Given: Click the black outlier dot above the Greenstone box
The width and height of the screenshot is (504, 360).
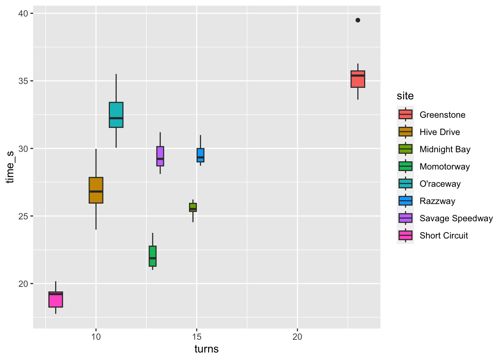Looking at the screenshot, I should [x=358, y=20].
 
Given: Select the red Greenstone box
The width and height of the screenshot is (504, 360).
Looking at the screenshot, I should [x=358, y=79].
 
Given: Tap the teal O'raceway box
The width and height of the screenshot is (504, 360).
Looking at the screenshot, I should [x=116, y=115].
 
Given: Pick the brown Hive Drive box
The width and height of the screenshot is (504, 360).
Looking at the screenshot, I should [x=96, y=190].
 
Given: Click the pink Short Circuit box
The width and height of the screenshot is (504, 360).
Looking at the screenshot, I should [x=55, y=299].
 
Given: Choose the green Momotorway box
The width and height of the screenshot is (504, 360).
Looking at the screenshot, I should [x=153, y=256].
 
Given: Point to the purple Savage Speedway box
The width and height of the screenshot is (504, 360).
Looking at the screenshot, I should [x=160, y=156].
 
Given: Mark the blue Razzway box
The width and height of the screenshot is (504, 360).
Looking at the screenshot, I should [x=200, y=155].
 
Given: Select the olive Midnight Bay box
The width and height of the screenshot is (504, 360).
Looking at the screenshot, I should [x=193, y=207].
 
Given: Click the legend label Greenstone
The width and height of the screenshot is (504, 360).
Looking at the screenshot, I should [x=442, y=115].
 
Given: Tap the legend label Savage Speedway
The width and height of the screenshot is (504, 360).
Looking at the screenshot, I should [x=456, y=218].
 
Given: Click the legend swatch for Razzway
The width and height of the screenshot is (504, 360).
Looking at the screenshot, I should [x=405, y=201].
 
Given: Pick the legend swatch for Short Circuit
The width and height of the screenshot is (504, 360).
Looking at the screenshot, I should [x=405, y=235].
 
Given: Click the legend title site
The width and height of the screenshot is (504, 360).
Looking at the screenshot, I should [x=405, y=96].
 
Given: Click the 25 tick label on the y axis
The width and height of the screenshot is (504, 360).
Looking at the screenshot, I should [x=23, y=216].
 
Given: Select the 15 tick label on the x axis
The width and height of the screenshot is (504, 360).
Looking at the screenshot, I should [x=196, y=337].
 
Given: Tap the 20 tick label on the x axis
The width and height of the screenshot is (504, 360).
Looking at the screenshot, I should [x=297, y=337].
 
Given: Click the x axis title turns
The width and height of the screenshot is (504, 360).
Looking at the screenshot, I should [x=206, y=349].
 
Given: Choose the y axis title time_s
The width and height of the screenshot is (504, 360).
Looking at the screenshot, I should [x=10, y=167].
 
